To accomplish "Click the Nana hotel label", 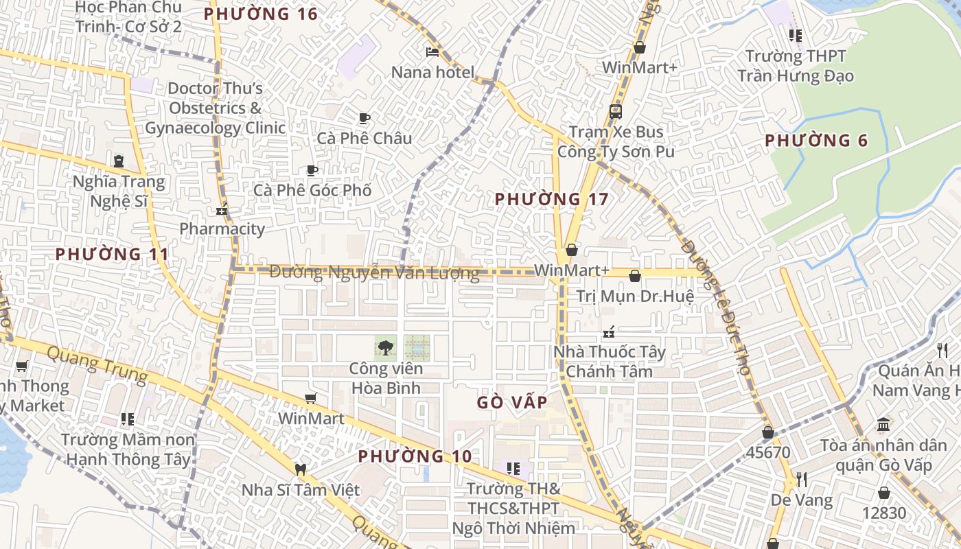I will [432, 72].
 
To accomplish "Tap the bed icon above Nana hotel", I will [432, 51].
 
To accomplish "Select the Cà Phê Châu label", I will [364, 138].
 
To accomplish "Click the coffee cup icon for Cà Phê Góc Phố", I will [312, 170].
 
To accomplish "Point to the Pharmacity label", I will [222, 229].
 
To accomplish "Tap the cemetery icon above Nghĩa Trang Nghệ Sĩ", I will [119, 161].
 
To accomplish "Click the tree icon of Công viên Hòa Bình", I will [385, 348].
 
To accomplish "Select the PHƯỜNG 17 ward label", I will [551, 199].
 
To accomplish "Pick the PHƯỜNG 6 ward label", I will [816, 141].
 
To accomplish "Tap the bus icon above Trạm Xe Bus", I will [615, 111].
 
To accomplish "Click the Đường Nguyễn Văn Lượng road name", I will [374, 272].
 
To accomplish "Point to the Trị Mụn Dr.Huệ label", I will [635, 296].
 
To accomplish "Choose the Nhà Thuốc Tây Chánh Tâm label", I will [610, 362].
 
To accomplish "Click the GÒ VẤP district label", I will [513, 402].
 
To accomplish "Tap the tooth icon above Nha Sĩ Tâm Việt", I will [299, 470].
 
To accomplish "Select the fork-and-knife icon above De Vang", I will [801, 478].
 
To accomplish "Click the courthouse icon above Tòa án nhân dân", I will [883, 424].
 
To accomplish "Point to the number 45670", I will [768, 453].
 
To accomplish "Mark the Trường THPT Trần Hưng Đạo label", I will [796, 65].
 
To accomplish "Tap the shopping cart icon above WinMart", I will [311, 399].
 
